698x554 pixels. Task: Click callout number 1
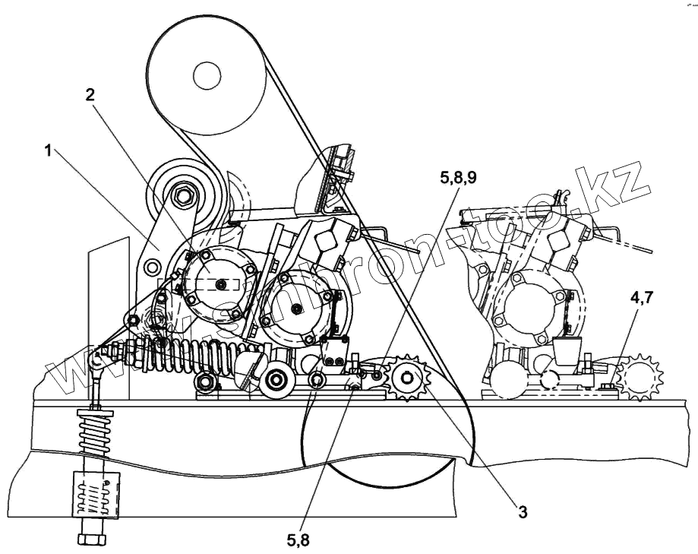tap(48, 150)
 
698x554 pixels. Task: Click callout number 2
tap(90, 94)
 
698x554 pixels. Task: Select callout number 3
tap(523, 511)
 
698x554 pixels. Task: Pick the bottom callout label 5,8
tap(298, 540)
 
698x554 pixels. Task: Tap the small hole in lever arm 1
tap(152, 266)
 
